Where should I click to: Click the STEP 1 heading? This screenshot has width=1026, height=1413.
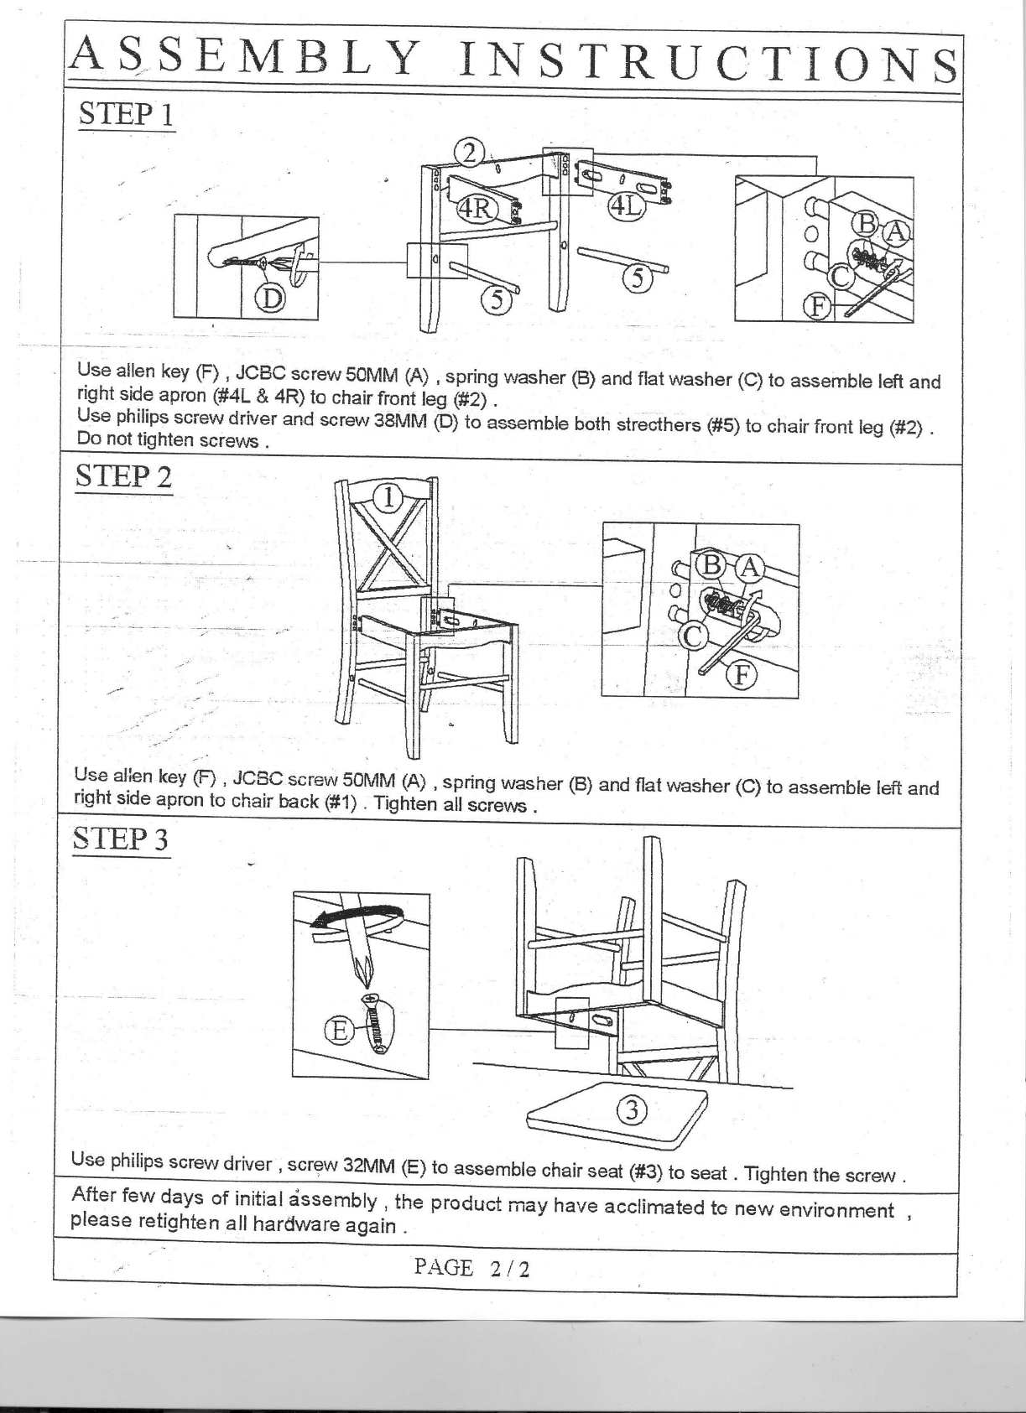click(x=126, y=115)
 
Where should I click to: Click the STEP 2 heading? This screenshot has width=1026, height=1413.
click(x=123, y=476)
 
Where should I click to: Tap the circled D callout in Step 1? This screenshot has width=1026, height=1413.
click(x=270, y=299)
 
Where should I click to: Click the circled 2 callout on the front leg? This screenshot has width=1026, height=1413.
click(x=470, y=153)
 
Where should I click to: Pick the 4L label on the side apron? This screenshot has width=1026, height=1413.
click(x=627, y=205)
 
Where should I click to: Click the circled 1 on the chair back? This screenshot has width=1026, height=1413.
click(x=389, y=498)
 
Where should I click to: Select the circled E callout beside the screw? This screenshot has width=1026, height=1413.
click(x=339, y=1031)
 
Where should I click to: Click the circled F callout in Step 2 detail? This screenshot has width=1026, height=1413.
click(x=742, y=676)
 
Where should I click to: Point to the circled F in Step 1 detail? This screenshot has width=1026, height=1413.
click(x=818, y=306)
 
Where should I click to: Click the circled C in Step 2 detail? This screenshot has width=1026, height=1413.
click(x=693, y=636)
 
